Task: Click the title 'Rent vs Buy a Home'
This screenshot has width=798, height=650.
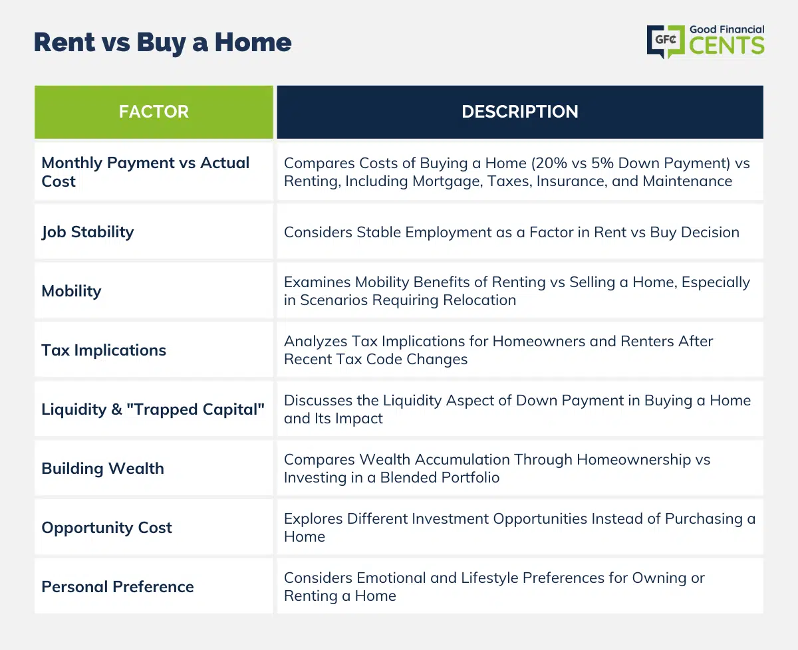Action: [x=163, y=43]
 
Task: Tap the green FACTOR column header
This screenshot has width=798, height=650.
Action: [x=154, y=112]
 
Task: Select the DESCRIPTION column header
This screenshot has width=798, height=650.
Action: [x=520, y=112]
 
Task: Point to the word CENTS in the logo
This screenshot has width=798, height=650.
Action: [x=727, y=46]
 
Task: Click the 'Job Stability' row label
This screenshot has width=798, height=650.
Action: [x=88, y=233]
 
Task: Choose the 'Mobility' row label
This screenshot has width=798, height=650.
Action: [x=71, y=291]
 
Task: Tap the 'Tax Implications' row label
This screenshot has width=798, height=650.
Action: [x=104, y=350]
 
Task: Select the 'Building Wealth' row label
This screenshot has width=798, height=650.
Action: [x=102, y=469]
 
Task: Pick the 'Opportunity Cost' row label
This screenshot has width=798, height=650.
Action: [x=107, y=528]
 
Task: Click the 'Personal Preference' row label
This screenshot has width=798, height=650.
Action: [x=118, y=587]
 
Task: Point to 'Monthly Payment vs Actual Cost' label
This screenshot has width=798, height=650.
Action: [x=146, y=172]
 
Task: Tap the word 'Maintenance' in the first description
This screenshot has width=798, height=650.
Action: [x=688, y=181]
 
